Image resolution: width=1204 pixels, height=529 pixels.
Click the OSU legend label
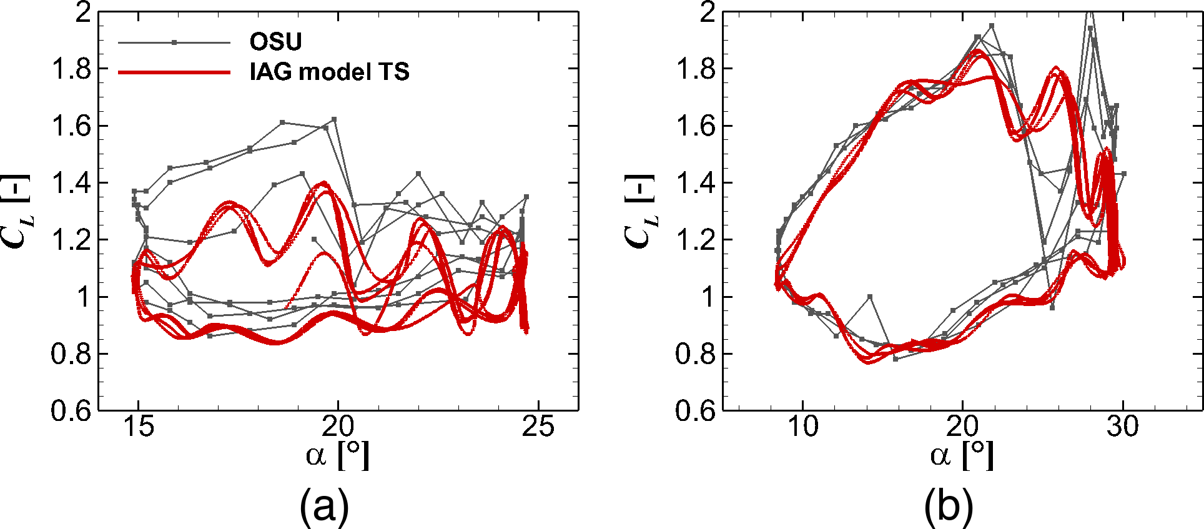tap(275, 42)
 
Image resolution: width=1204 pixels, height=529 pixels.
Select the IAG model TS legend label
tap(329, 72)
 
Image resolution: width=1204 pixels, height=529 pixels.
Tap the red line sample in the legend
tap(174, 72)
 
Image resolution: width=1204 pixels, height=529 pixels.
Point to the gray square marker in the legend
tap(174, 42)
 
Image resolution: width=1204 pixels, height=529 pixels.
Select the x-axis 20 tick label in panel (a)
tap(338, 427)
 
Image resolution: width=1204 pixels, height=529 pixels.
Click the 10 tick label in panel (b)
tap(802, 427)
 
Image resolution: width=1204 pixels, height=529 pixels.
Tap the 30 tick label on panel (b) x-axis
tap(1123, 427)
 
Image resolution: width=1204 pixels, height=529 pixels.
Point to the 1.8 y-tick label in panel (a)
tap(71, 69)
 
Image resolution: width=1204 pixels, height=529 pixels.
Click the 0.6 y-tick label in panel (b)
tap(695, 411)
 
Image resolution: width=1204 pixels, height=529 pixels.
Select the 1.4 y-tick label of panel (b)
tap(695, 183)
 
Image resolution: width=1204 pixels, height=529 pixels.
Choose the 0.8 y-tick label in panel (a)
tap(71, 354)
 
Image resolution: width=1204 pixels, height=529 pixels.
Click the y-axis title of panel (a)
tap(17, 211)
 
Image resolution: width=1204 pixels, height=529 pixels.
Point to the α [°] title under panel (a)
tap(338, 456)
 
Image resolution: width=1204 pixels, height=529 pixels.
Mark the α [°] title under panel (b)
tap(962, 456)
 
